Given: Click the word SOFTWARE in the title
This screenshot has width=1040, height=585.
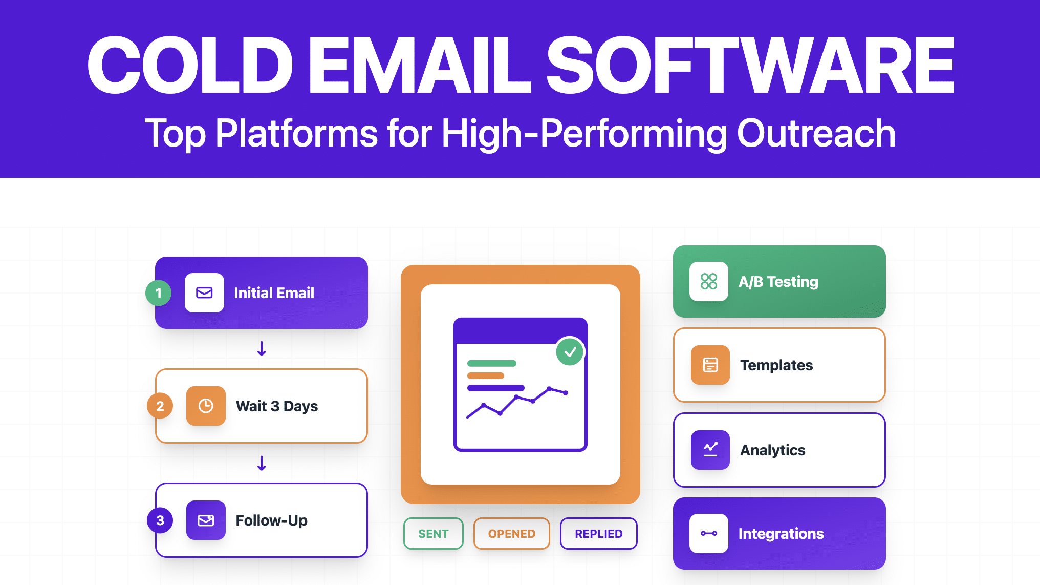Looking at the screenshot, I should pyautogui.click(x=750, y=66).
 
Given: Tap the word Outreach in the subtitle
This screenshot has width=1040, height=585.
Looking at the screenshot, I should pyautogui.click(x=816, y=133).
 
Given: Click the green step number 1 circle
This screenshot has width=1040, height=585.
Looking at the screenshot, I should pyautogui.click(x=159, y=293).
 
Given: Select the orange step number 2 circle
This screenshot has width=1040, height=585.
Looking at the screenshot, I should pyautogui.click(x=160, y=406).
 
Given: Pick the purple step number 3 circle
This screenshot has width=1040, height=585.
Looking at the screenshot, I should pyautogui.click(x=160, y=520).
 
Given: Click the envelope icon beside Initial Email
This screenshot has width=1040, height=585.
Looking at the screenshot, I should pyautogui.click(x=204, y=292).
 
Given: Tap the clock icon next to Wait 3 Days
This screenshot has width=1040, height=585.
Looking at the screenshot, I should pyautogui.click(x=206, y=406).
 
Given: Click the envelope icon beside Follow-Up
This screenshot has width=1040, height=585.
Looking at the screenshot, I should pyautogui.click(x=206, y=520).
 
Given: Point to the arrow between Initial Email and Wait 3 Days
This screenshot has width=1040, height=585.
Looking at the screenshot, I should pyautogui.click(x=262, y=349).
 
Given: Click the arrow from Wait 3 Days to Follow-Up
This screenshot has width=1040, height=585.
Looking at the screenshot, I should pyautogui.click(x=262, y=463).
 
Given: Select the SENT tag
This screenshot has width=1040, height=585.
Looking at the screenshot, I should pyautogui.click(x=433, y=534).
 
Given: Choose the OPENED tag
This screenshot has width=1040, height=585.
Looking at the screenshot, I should pyautogui.click(x=511, y=534).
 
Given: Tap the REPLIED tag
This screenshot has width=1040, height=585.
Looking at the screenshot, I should pyautogui.click(x=598, y=534).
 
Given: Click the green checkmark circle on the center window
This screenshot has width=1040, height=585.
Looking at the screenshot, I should pyautogui.click(x=570, y=351).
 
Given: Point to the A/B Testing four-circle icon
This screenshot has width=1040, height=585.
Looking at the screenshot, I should pyautogui.click(x=709, y=281).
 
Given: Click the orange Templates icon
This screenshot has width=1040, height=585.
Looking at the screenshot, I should pyautogui.click(x=710, y=365).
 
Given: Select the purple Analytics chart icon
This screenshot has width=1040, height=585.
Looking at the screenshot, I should pyautogui.click(x=710, y=450).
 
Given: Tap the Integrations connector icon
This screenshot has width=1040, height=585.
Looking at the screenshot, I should pyautogui.click(x=709, y=533).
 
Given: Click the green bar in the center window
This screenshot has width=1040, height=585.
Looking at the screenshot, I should pyautogui.click(x=491, y=363).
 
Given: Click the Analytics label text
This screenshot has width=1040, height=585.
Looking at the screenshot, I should pyautogui.click(x=772, y=450).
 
